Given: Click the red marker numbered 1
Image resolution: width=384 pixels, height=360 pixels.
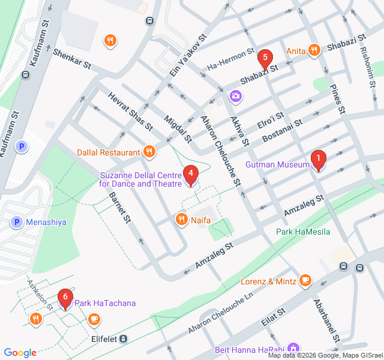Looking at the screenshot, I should pos(317,160).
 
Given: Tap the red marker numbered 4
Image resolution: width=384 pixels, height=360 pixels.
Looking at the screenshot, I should pos(190,175).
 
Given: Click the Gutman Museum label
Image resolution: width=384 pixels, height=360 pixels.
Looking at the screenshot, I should pos(277,164).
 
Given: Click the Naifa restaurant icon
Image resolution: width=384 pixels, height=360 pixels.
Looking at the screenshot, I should pos(181,220).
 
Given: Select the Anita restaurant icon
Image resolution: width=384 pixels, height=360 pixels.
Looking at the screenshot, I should pos(313,51).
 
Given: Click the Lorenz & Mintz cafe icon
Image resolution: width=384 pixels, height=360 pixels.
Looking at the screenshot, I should pos(305,280).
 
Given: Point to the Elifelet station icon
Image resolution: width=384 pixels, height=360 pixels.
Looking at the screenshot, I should pos(123,339).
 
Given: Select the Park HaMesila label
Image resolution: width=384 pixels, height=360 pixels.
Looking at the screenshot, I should pos(303,232).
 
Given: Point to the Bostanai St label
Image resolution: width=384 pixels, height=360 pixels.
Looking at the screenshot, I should pos(281,131).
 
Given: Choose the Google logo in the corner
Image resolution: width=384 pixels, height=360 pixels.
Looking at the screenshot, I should pos(20,353).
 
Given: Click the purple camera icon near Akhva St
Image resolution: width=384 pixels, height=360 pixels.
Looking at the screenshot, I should pos(235,95).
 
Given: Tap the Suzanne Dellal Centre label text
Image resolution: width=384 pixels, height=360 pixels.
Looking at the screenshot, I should pos(140,179).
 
